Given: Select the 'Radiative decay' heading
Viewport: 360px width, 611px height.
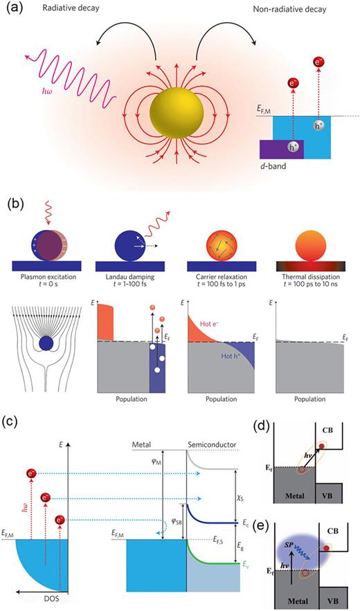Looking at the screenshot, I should (x=67, y=9).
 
